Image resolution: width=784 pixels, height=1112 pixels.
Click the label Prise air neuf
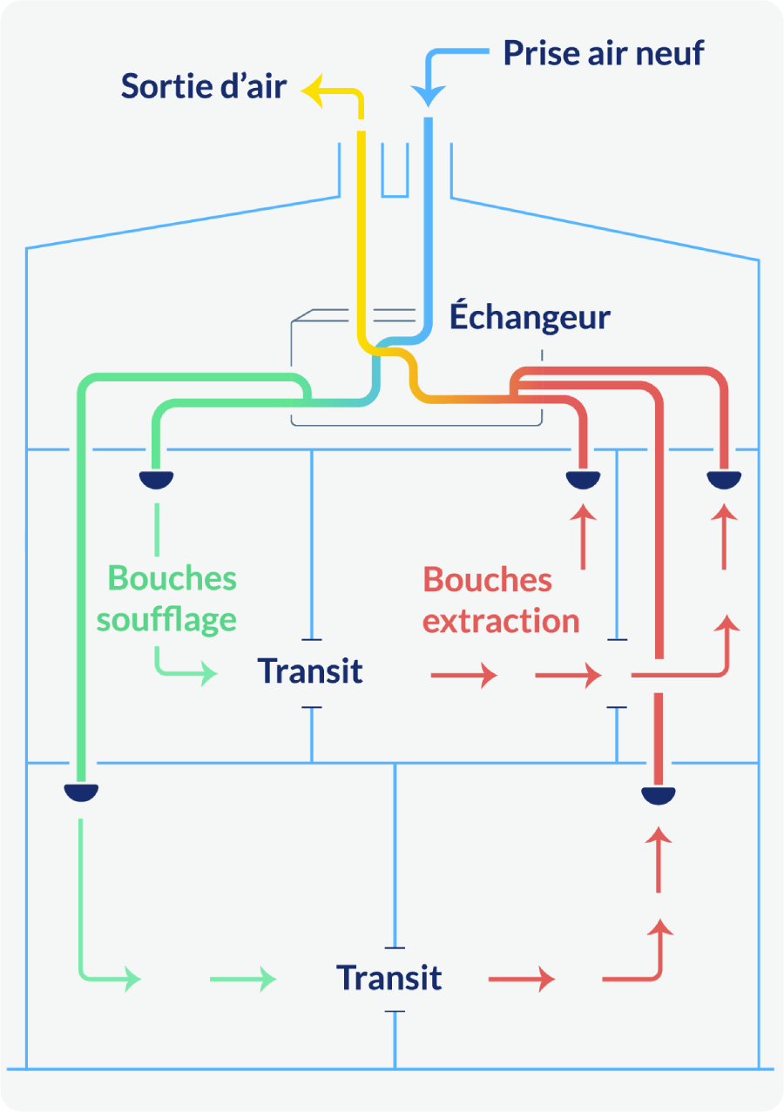point(603,53)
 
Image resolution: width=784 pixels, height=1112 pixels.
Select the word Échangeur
point(530,318)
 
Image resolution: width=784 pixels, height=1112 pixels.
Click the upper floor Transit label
point(310,671)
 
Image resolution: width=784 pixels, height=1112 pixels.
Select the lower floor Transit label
point(389,978)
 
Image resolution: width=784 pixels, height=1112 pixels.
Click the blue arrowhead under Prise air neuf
point(428,97)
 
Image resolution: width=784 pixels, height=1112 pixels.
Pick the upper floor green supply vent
point(157,479)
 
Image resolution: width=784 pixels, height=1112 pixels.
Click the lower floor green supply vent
point(81,792)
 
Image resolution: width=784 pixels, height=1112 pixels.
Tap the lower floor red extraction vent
point(659,794)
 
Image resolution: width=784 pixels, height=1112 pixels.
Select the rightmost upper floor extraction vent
point(723,479)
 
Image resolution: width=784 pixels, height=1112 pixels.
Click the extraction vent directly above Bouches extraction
point(583,479)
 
